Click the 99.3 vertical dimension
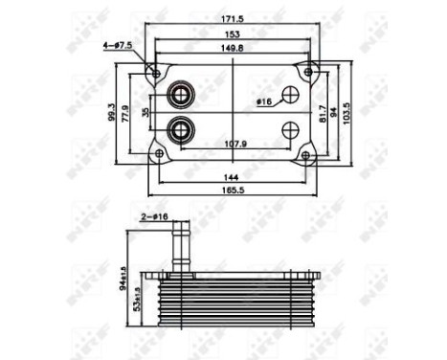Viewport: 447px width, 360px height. click(x=113, y=112)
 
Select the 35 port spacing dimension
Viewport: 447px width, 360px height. click(x=146, y=112)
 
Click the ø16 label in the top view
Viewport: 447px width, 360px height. click(x=264, y=101)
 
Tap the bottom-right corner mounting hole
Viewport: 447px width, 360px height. click(x=306, y=154)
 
